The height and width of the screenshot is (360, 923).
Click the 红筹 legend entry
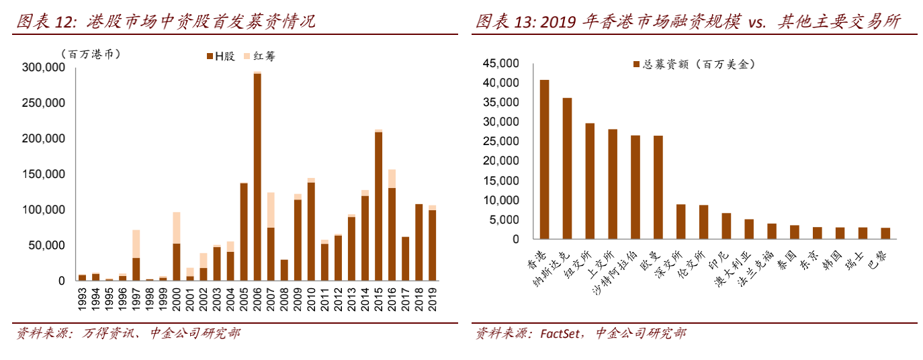260,56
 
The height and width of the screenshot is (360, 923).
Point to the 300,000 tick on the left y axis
44,68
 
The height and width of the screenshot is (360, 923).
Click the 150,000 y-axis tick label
44,175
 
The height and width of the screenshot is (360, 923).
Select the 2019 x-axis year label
433,300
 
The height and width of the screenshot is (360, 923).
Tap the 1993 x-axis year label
82,300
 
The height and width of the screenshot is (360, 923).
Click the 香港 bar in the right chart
544,159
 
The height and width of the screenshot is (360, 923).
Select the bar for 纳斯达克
567,168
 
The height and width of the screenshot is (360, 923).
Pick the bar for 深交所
680,222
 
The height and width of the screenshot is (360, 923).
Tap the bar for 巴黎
885,233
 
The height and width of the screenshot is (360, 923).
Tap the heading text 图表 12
46,21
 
